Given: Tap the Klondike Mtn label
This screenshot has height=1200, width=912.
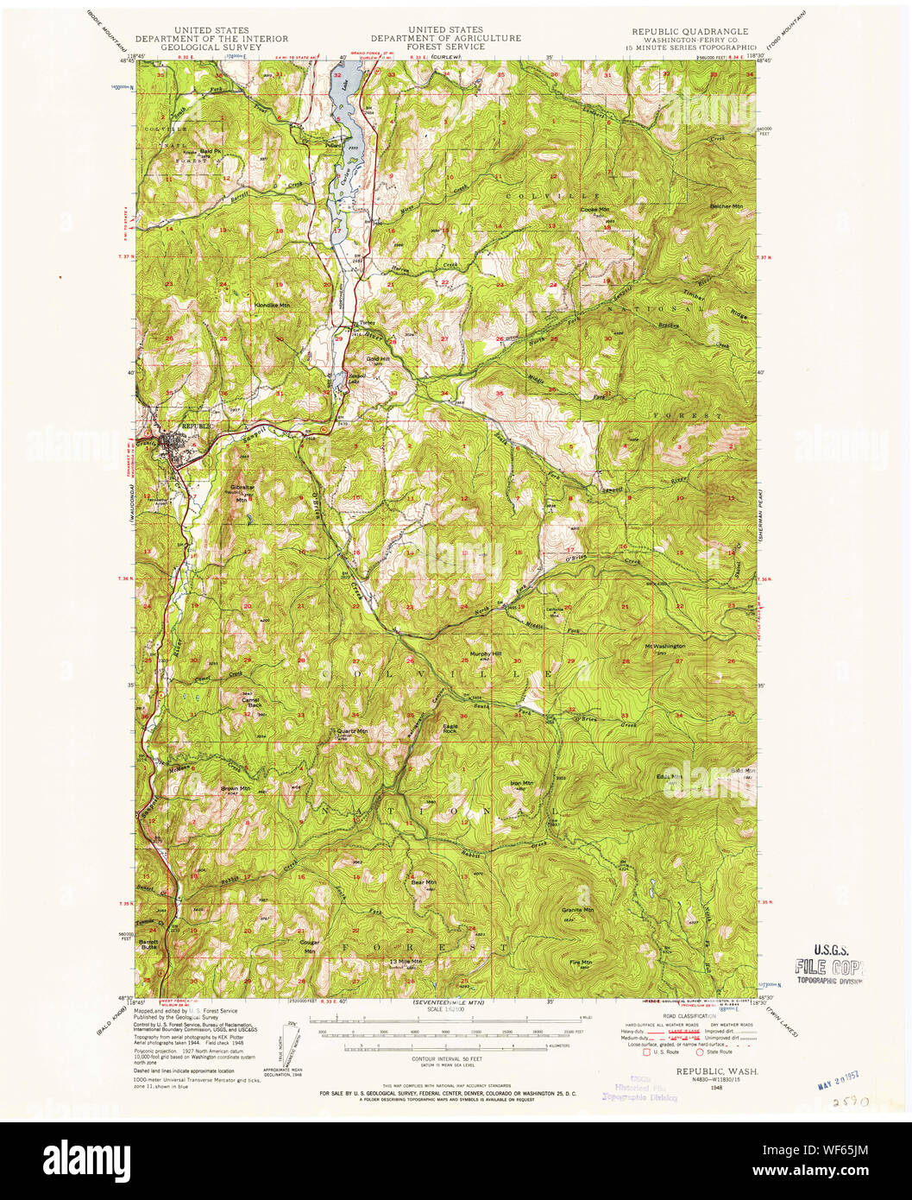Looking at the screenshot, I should (x=272, y=305).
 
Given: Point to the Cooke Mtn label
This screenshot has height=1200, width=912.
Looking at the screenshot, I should (x=594, y=210).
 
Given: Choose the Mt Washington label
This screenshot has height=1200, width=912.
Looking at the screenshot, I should (x=664, y=646).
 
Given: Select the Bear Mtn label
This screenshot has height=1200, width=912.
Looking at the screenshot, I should (x=423, y=882).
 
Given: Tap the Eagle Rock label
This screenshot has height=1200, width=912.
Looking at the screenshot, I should (x=450, y=728).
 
